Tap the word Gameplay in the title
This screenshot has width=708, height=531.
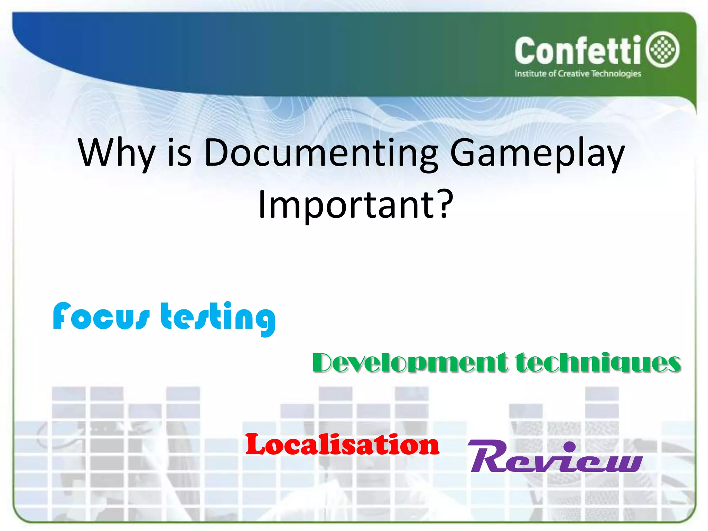coord(537,153)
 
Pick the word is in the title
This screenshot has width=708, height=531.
coord(179,153)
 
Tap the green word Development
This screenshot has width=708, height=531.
coord(410,363)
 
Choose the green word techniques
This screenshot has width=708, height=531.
coord(598,363)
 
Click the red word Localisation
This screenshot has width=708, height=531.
coord(342,445)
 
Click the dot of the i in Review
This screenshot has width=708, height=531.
coord(569,446)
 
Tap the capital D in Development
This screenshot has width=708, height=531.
coord(325,363)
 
